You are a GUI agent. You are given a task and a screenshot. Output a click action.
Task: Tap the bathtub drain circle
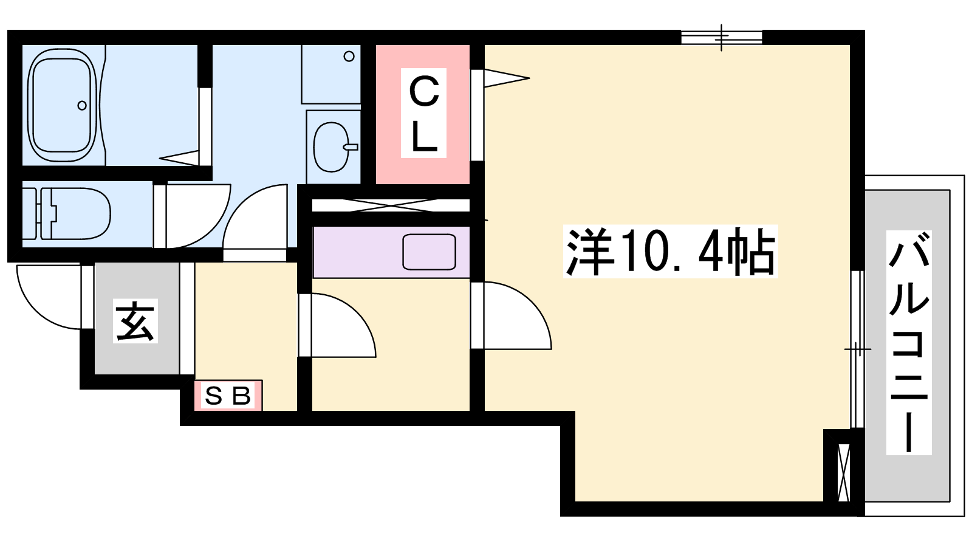(82, 105)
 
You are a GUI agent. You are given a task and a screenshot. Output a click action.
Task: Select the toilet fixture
(66, 213)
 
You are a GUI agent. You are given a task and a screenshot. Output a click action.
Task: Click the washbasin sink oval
(332, 146)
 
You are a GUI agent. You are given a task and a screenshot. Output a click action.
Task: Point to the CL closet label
(423, 113)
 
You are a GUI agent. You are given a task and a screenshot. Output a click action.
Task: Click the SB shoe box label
(228, 396)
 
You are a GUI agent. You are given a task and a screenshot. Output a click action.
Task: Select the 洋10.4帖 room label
(671, 252)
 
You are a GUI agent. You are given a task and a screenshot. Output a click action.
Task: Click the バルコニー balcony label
(909, 343)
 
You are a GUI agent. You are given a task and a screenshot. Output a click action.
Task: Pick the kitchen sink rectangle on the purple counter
(429, 252)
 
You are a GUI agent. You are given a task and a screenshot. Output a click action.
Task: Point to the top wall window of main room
(721, 37)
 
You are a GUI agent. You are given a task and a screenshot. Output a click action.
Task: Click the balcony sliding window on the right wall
(857, 350)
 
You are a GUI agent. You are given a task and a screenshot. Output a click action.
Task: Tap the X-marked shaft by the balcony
(844, 473)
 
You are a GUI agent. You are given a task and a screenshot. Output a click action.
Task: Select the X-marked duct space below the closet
(391, 205)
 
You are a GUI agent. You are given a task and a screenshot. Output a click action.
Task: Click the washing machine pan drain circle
(349, 56)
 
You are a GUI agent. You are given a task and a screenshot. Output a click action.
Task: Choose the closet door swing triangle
(507, 78)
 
